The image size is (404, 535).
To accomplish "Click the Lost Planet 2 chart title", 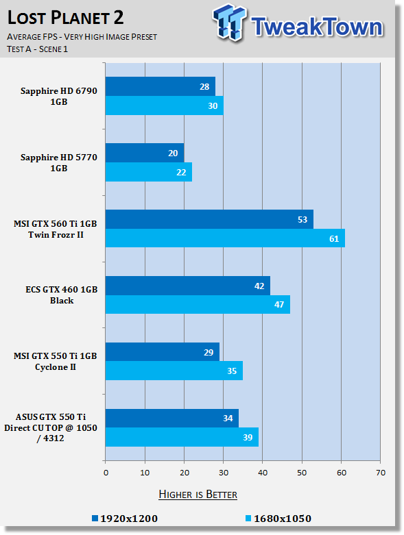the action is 65,18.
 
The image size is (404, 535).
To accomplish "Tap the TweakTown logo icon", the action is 229,23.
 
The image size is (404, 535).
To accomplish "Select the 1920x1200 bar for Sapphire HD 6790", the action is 161,86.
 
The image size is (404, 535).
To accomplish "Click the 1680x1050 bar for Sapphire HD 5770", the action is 149,172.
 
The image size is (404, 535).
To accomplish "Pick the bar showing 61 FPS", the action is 225,238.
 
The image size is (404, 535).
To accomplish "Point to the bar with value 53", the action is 209,219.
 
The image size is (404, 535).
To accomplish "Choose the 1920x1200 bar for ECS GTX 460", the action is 188,286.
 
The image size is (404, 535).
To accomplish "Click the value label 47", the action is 279,304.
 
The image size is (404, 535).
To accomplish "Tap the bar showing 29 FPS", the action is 162,352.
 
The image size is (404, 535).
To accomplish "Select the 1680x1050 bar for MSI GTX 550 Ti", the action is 174,371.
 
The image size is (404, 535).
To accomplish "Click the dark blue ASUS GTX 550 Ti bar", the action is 172,419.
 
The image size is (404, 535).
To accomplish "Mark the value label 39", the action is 248,438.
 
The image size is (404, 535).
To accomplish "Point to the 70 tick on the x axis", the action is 381,473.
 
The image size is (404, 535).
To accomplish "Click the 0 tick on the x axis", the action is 106,473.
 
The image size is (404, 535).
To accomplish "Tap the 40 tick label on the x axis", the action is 263,473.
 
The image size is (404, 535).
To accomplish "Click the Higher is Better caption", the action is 198,495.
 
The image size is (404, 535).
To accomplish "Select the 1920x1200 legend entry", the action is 125,519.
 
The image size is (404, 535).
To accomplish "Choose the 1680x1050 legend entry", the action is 278,519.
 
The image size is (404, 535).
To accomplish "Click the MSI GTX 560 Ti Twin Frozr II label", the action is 56,229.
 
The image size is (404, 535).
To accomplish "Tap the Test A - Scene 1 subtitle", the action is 37,49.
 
